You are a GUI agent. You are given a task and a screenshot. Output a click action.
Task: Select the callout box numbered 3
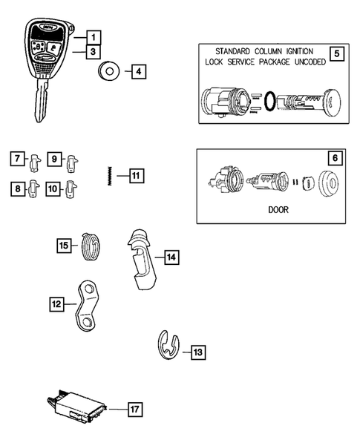[x=92, y=52]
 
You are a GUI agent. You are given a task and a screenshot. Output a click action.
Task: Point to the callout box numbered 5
[x=337, y=54]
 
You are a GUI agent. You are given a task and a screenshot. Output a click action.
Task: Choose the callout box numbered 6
[x=336, y=158]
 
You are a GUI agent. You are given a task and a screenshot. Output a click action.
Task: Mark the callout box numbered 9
[x=54, y=158]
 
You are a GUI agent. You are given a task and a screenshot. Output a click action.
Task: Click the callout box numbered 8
[x=15, y=188]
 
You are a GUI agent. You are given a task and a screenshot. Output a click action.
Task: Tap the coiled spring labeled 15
[x=91, y=245]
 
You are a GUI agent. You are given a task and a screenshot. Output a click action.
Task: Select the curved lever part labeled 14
[x=143, y=256]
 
